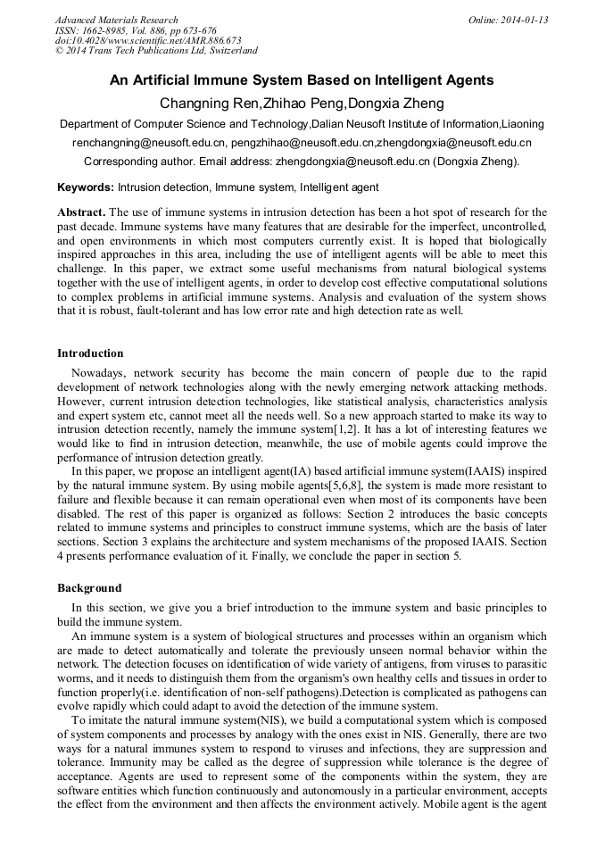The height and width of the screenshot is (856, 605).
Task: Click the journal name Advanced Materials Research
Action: [116, 20]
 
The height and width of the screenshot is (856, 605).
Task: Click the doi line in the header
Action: [148, 41]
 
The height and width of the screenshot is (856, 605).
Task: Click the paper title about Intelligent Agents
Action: [302, 80]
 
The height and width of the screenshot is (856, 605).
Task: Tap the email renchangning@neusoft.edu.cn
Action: [149, 143]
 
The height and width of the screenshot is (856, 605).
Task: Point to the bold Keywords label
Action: [86, 187]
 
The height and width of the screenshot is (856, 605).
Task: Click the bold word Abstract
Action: [81, 212]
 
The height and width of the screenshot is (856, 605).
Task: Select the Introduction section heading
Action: [90, 353]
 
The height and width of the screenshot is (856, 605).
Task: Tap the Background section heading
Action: [89, 588]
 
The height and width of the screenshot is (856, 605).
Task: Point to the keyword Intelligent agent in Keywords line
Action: [339, 187]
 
